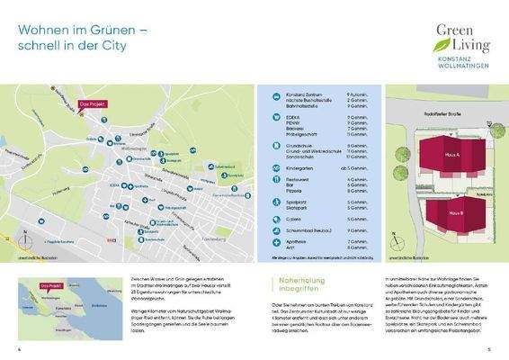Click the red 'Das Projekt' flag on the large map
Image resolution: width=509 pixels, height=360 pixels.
click(x=92, y=105)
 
